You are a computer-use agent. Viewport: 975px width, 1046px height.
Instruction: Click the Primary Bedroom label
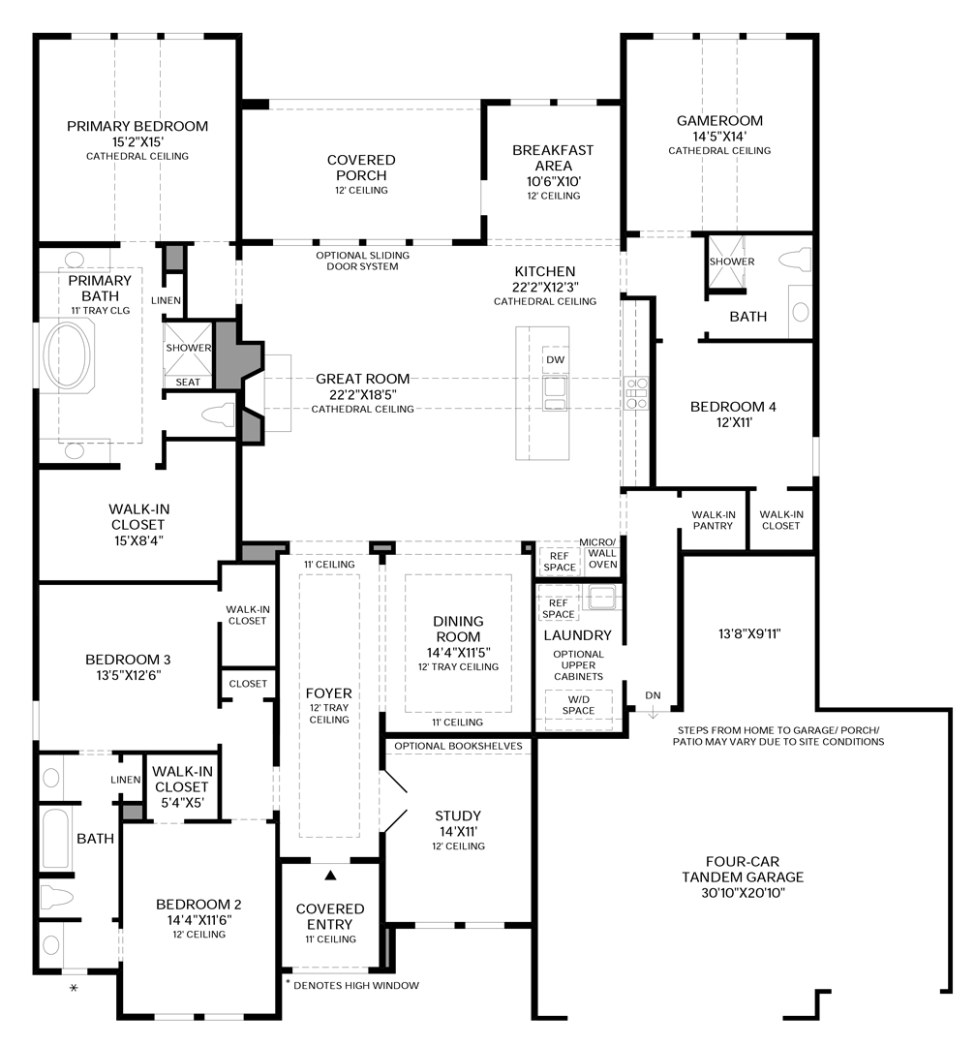click(137, 126)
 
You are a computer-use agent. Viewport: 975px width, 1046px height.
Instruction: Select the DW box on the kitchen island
click(555, 359)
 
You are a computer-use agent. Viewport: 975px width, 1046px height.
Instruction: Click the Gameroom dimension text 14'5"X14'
click(718, 136)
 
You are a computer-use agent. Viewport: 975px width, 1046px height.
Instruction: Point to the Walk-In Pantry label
click(713, 520)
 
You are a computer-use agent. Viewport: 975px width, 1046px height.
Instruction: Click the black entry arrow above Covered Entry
click(330, 875)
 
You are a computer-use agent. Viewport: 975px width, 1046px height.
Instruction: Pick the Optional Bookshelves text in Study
click(458, 746)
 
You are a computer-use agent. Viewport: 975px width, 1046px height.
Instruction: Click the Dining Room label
click(458, 629)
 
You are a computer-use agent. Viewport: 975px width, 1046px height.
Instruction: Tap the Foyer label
click(329, 693)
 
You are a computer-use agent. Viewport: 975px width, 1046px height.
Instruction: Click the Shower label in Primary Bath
click(188, 348)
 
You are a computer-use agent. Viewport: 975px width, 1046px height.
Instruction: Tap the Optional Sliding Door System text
click(363, 261)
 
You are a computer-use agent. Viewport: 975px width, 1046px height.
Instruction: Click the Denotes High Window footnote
click(352, 985)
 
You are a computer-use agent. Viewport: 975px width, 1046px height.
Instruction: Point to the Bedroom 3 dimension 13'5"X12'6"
click(123, 675)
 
